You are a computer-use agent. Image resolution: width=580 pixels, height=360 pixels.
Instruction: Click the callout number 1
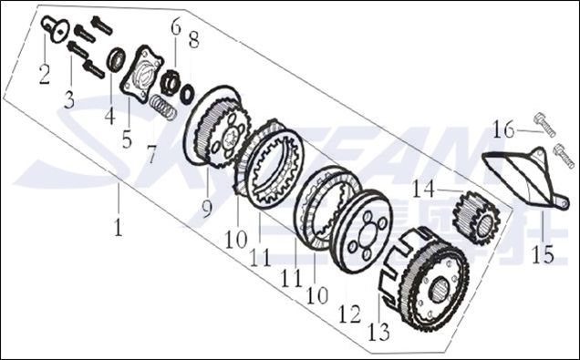pyautogui.click(x=118, y=227)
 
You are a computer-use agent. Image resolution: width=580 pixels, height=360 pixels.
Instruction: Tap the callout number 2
pyautogui.click(x=45, y=75)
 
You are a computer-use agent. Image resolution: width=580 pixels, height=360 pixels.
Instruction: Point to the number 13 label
pyautogui.click(x=379, y=332)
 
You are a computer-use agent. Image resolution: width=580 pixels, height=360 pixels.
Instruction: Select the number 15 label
pyautogui.click(x=543, y=254)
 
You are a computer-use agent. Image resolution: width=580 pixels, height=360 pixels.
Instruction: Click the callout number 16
pyautogui.click(x=503, y=129)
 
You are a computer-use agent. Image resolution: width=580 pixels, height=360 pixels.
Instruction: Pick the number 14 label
pyautogui.click(x=423, y=189)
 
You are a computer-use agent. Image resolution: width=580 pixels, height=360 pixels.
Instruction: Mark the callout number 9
pyautogui.click(x=207, y=209)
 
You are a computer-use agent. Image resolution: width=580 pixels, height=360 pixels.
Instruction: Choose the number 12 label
pyautogui.click(x=349, y=314)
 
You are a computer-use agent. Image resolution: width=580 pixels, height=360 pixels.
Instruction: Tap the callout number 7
pyautogui.click(x=151, y=154)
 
